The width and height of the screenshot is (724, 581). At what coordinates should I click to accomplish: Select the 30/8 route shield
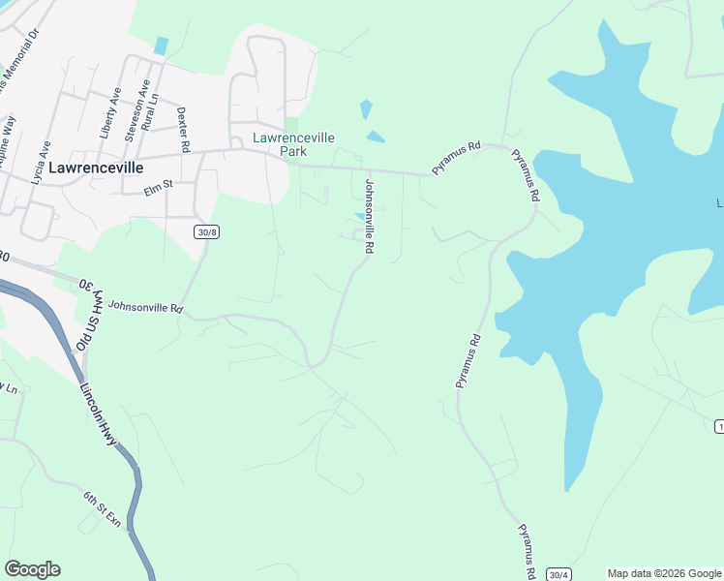(205, 232)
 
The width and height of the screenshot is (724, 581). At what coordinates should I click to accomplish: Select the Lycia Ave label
(40, 161)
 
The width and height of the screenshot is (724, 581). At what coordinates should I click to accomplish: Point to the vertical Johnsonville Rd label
(368, 215)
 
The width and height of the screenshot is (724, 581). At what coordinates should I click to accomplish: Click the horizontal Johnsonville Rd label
(145, 307)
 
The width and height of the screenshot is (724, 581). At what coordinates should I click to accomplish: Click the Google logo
(32, 569)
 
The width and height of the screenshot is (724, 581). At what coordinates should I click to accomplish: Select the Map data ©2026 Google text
(664, 573)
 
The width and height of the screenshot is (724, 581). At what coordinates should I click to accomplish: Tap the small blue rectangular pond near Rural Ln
(161, 46)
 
